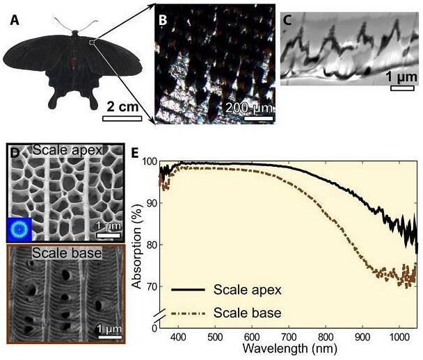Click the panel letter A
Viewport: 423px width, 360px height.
(14, 20)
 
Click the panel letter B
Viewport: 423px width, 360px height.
(163, 20)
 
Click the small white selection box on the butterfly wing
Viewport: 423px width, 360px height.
(93, 42)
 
